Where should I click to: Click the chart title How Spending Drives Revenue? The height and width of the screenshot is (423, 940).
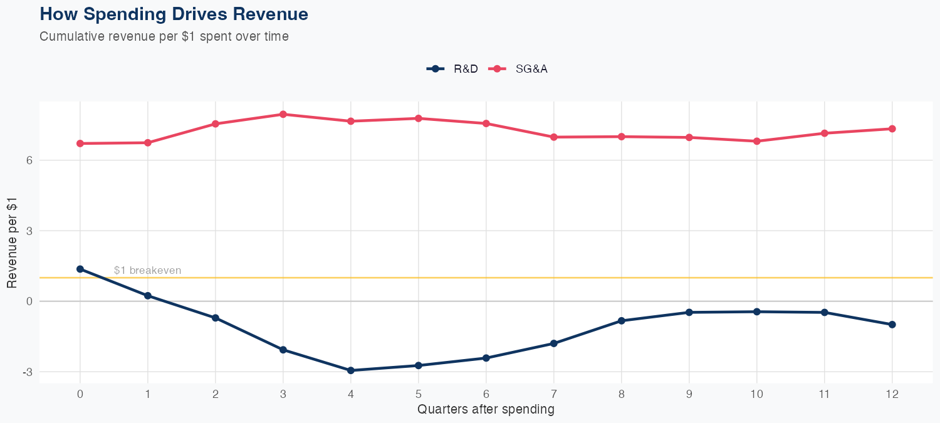coord(174,14)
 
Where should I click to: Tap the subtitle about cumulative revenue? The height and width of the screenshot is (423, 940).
coord(164,36)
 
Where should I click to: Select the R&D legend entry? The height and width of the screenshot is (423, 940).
coord(452,69)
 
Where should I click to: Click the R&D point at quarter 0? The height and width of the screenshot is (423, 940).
coord(80,269)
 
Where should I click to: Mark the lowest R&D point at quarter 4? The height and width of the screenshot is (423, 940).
coord(351,370)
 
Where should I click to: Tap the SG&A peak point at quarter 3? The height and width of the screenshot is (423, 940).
coord(283,114)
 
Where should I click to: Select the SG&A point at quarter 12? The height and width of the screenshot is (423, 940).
coord(892,129)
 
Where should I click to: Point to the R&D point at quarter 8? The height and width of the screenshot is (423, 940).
coord(622,321)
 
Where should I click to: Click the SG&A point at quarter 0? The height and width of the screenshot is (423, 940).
coord(80,144)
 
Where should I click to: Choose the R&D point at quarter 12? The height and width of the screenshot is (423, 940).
coord(892,325)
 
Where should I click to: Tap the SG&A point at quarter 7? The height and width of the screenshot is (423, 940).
coord(554,137)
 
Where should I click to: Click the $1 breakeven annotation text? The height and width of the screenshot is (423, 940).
coord(148,271)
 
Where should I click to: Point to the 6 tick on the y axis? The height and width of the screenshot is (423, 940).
coord(28,160)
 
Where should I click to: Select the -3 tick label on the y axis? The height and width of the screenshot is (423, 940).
coord(27,372)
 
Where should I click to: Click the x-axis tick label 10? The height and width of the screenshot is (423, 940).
coord(757,394)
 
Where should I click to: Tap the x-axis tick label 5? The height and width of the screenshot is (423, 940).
coord(419,394)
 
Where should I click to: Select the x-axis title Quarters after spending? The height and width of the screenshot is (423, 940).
coord(486,410)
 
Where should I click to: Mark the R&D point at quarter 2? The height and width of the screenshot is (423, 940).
coord(216,318)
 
